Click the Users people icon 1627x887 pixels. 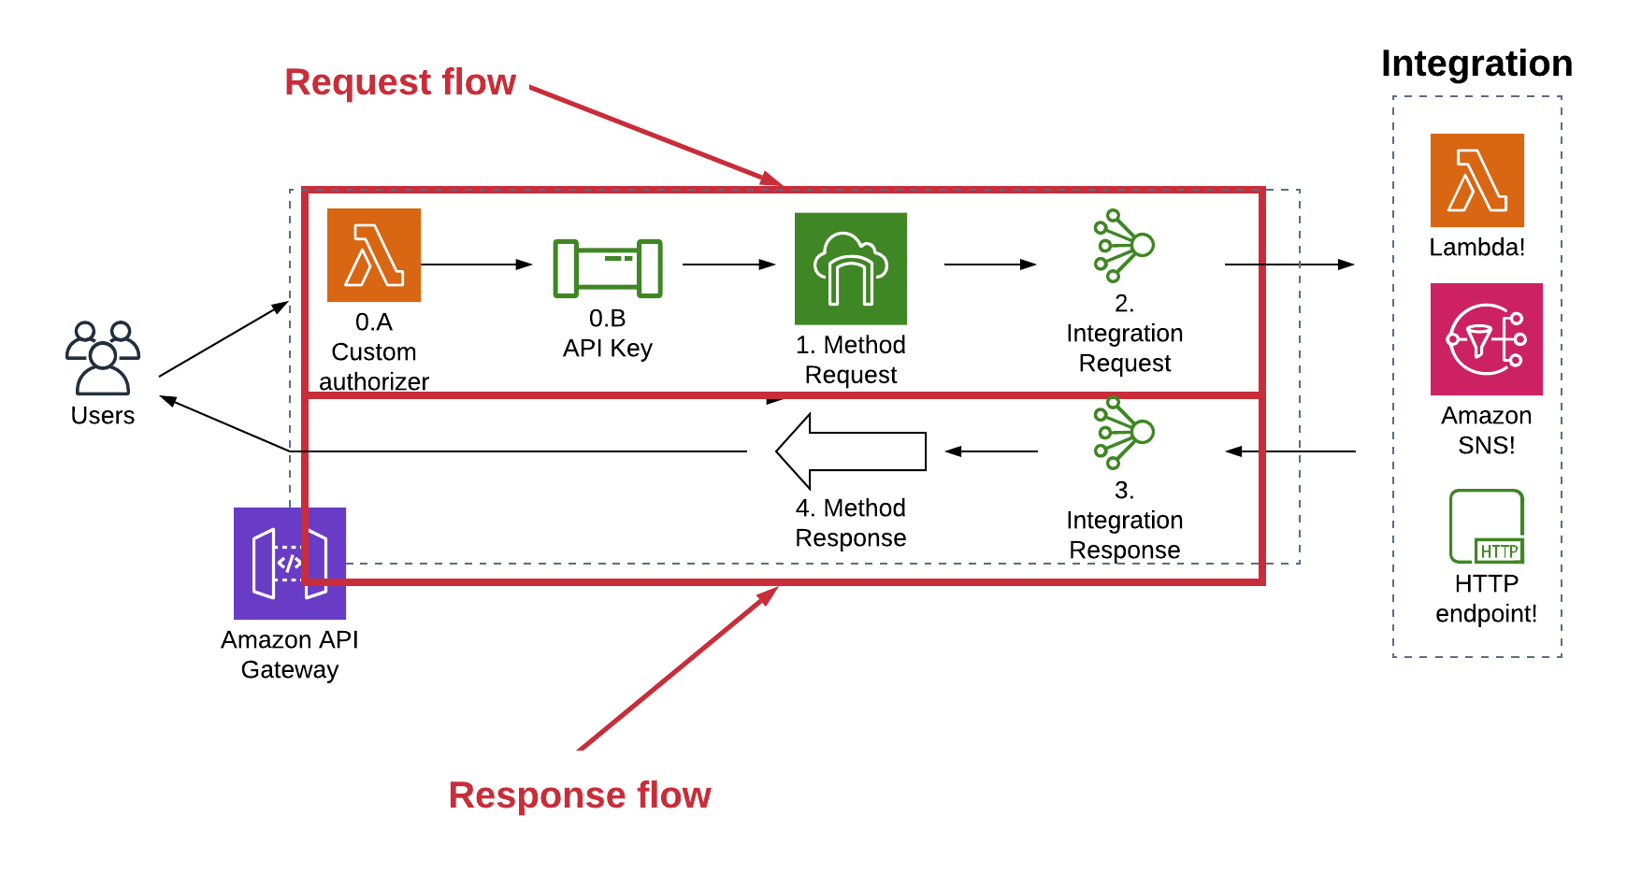click(103, 358)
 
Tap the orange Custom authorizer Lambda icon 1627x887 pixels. click(374, 255)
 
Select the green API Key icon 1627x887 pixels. click(608, 269)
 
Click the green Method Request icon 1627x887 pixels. click(851, 269)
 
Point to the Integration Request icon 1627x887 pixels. click(1124, 246)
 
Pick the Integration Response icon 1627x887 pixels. click(1124, 433)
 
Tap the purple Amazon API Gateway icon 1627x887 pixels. click(290, 564)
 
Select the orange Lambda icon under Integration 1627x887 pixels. click(1477, 180)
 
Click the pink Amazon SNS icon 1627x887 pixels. click(1487, 339)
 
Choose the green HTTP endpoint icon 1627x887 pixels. click(1487, 526)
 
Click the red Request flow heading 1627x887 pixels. click(400, 82)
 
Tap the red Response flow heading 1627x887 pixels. click(580, 795)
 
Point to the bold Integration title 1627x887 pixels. click(1476, 64)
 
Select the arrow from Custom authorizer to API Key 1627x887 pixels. click(476, 265)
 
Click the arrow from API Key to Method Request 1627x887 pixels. click(728, 265)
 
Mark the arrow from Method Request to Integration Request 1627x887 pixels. click(990, 265)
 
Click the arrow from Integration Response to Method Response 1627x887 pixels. click(991, 451)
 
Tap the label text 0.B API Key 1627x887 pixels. click(608, 334)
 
